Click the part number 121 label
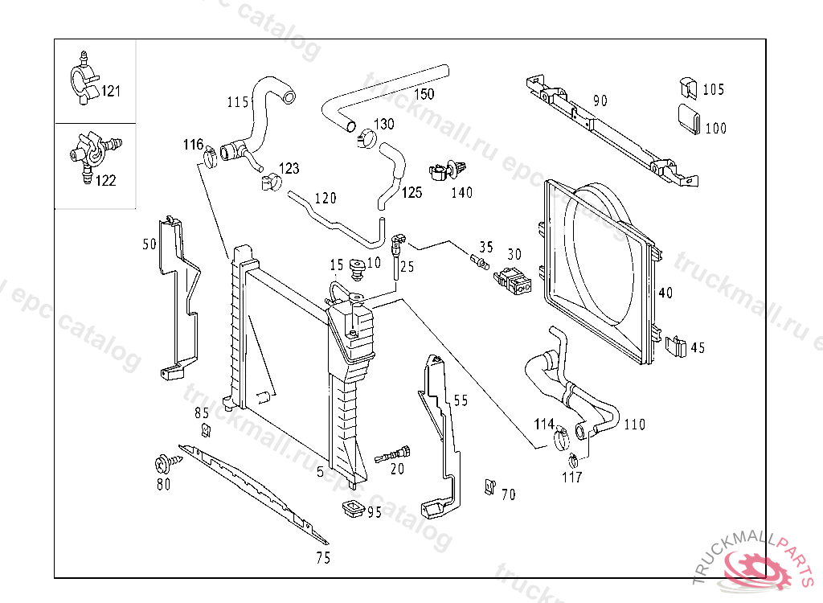tap(110, 91)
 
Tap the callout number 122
tap(105, 180)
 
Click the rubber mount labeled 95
tap(350, 509)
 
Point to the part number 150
tap(424, 93)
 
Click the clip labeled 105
tap(687, 88)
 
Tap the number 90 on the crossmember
tap(600, 100)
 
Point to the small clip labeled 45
tap(677, 347)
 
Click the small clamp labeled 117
tap(574, 461)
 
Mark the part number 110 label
tap(634, 425)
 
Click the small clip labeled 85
tap(206, 429)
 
